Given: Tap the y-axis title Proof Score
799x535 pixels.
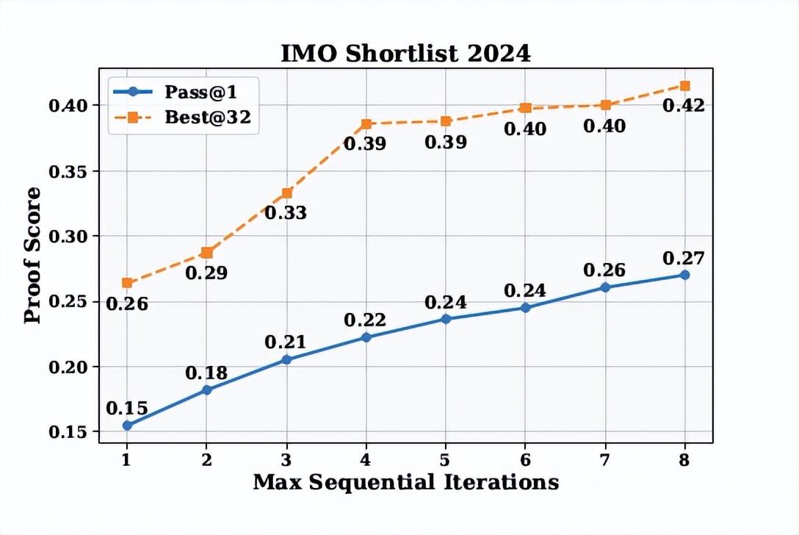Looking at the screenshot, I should (x=32, y=254).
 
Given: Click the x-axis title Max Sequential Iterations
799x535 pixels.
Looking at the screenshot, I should (x=405, y=483).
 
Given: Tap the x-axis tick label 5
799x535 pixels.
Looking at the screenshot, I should (x=446, y=459).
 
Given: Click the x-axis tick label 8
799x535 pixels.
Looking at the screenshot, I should (x=685, y=459).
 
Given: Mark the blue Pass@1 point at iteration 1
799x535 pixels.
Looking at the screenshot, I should (x=127, y=426).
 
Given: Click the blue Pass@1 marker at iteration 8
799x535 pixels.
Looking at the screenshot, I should (x=685, y=275).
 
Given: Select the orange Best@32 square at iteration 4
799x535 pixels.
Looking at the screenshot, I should (x=366, y=124).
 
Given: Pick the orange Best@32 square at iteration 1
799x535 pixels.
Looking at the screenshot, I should (x=127, y=283).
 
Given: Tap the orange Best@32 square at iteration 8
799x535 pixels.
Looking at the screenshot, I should (x=685, y=86).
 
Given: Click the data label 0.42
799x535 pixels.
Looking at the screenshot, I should (x=684, y=106).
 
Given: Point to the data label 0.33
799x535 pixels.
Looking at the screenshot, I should (x=286, y=213).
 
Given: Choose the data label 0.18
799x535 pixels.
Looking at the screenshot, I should (x=206, y=373).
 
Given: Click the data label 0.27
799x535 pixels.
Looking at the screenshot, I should (x=684, y=259).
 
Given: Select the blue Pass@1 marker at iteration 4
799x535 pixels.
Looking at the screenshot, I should (x=366, y=337).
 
